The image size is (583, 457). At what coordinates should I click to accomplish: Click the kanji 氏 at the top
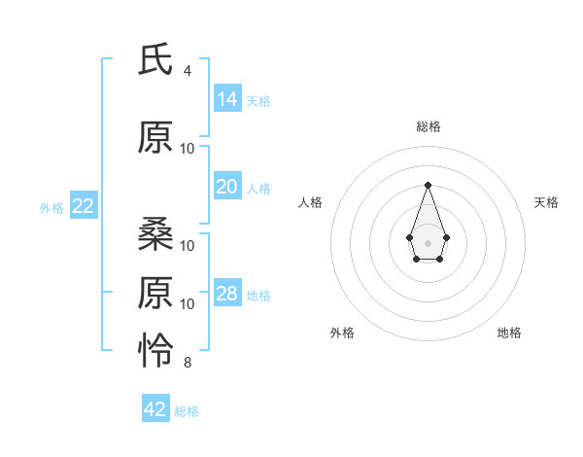157,60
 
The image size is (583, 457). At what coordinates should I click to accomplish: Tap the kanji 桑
157,232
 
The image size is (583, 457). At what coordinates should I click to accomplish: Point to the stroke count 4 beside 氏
188,71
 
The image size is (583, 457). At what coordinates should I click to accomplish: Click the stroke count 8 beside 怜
188,363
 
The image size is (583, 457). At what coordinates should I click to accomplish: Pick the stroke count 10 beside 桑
188,245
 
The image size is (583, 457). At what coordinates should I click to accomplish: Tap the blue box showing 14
227,98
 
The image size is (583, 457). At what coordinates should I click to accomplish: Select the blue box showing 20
227,187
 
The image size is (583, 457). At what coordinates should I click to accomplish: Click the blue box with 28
227,294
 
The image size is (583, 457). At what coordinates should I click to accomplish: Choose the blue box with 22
84,205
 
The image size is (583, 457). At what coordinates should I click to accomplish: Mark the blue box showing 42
155,409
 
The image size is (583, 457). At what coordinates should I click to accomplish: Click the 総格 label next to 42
187,411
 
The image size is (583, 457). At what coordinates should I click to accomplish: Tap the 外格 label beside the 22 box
51,207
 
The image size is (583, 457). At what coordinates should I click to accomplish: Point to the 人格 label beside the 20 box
258,189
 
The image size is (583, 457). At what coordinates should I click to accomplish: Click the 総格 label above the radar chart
428,126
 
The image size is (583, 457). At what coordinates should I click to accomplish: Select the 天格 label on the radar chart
546,202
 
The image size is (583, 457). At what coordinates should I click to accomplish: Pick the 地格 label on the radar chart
509,333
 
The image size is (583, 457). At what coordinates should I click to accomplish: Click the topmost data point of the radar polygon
428,185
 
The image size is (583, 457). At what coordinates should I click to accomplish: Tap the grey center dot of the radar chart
428,241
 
